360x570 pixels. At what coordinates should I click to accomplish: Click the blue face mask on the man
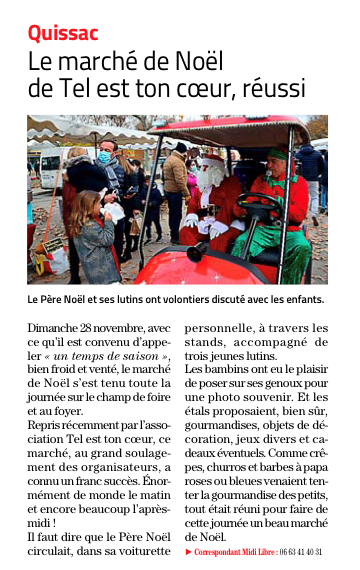tap(104, 157)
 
